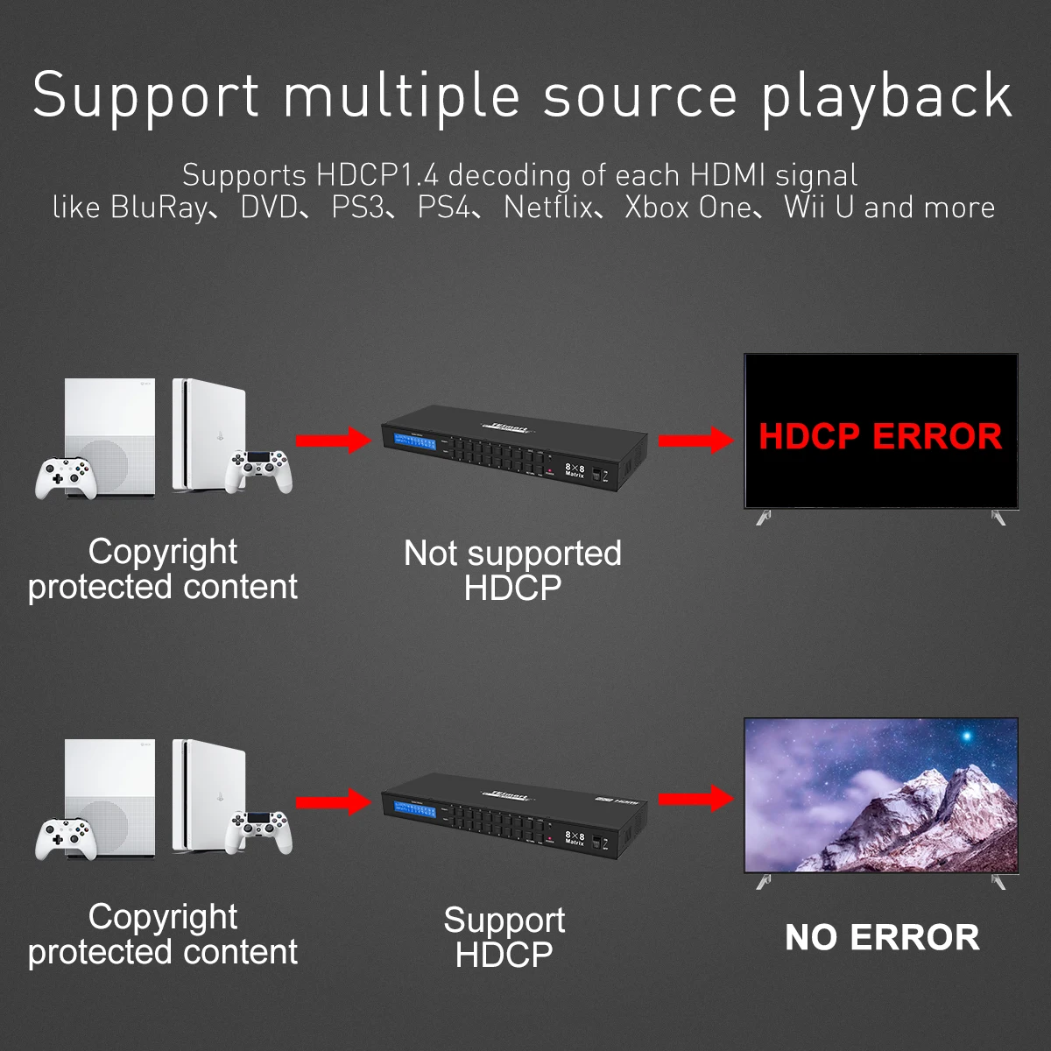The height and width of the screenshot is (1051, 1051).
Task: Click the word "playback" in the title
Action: (886, 96)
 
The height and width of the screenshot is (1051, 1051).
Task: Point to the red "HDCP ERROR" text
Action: (880, 436)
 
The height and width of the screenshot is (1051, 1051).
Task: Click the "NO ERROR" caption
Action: (882, 937)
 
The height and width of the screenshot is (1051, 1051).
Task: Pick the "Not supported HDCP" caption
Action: (512, 570)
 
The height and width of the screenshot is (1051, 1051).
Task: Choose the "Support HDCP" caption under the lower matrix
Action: (504, 937)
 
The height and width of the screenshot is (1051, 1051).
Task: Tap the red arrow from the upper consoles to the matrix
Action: (334, 440)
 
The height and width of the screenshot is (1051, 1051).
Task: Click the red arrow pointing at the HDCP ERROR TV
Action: (696, 440)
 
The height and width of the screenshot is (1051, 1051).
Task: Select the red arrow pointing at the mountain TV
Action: (696, 799)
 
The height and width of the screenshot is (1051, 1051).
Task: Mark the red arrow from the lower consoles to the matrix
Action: (334, 801)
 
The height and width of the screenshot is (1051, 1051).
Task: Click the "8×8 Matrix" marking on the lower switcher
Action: (575, 838)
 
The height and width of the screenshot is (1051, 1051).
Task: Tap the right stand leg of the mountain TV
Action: (998, 880)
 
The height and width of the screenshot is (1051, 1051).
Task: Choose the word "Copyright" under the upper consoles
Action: (163, 552)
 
